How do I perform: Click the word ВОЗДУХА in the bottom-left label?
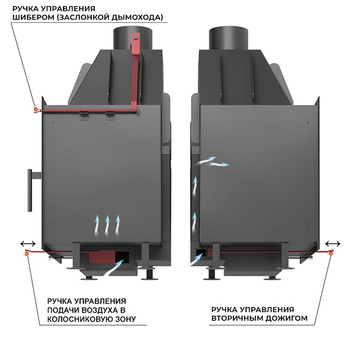tap(99, 310)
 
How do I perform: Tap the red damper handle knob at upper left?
tap(36, 110)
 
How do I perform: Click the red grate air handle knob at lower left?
tap(27, 253)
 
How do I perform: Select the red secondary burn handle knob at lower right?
tap(331, 253)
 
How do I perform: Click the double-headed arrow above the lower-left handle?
tap(28, 244)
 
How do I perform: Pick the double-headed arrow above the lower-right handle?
tap(332, 244)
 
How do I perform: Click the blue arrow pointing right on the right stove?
tap(219, 164)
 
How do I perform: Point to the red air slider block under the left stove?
tap(102, 257)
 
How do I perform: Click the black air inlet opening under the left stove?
tap(122, 257)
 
